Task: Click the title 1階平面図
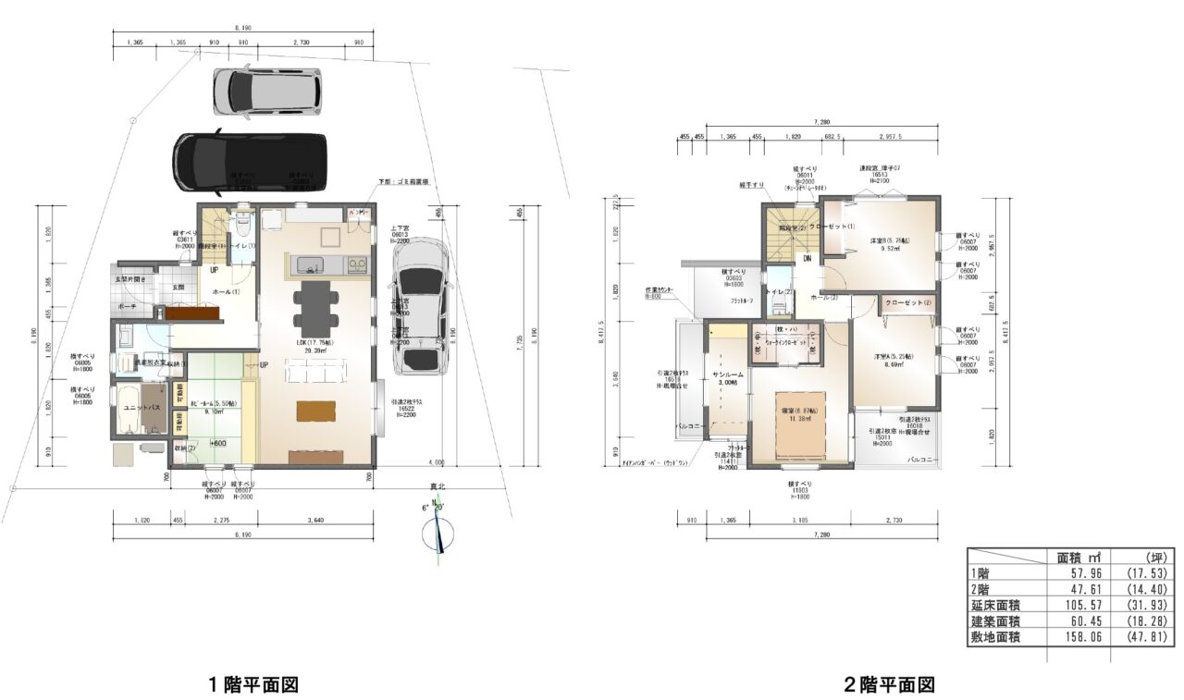252,684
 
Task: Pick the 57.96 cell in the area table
1072,573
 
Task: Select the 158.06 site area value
1072,637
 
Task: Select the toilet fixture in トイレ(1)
242,224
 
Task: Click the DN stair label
807,259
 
